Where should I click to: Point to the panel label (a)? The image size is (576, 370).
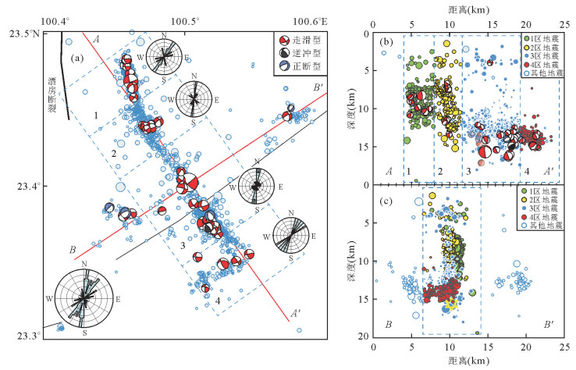(78, 57)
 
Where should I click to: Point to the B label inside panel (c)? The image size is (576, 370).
(388, 323)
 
